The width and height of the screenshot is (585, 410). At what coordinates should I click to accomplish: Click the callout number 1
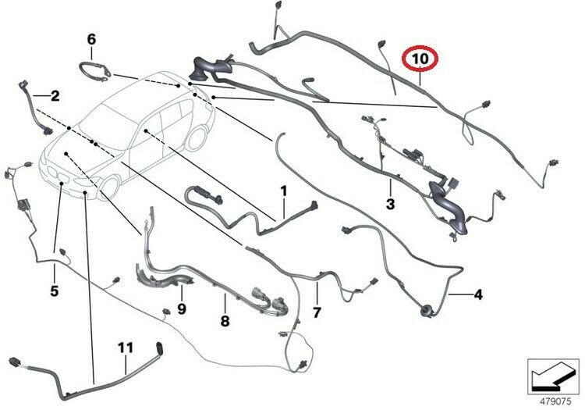pyautogui.click(x=284, y=191)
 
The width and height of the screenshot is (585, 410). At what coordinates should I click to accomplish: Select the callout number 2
pyautogui.click(x=55, y=96)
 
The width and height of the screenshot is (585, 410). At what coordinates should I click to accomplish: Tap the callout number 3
pyautogui.click(x=390, y=204)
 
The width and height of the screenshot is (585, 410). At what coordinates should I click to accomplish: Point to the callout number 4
pyautogui.click(x=478, y=295)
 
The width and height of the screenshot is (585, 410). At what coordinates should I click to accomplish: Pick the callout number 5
pyautogui.click(x=55, y=291)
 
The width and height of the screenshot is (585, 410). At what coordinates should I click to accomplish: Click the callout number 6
pyautogui.click(x=91, y=39)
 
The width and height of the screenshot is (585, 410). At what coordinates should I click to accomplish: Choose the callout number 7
pyautogui.click(x=317, y=312)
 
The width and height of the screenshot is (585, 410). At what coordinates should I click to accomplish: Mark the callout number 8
pyautogui.click(x=225, y=321)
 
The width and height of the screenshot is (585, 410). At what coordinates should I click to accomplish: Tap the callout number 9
pyautogui.click(x=181, y=308)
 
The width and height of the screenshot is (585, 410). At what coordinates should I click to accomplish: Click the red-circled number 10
pyautogui.click(x=420, y=59)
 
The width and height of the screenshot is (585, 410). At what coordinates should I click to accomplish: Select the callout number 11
pyautogui.click(x=126, y=348)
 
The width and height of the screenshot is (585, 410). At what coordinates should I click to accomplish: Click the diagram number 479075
pyautogui.click(x=555, y=401)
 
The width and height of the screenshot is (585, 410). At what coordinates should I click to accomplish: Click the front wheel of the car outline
pyautogui.click(x=109, y=188)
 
